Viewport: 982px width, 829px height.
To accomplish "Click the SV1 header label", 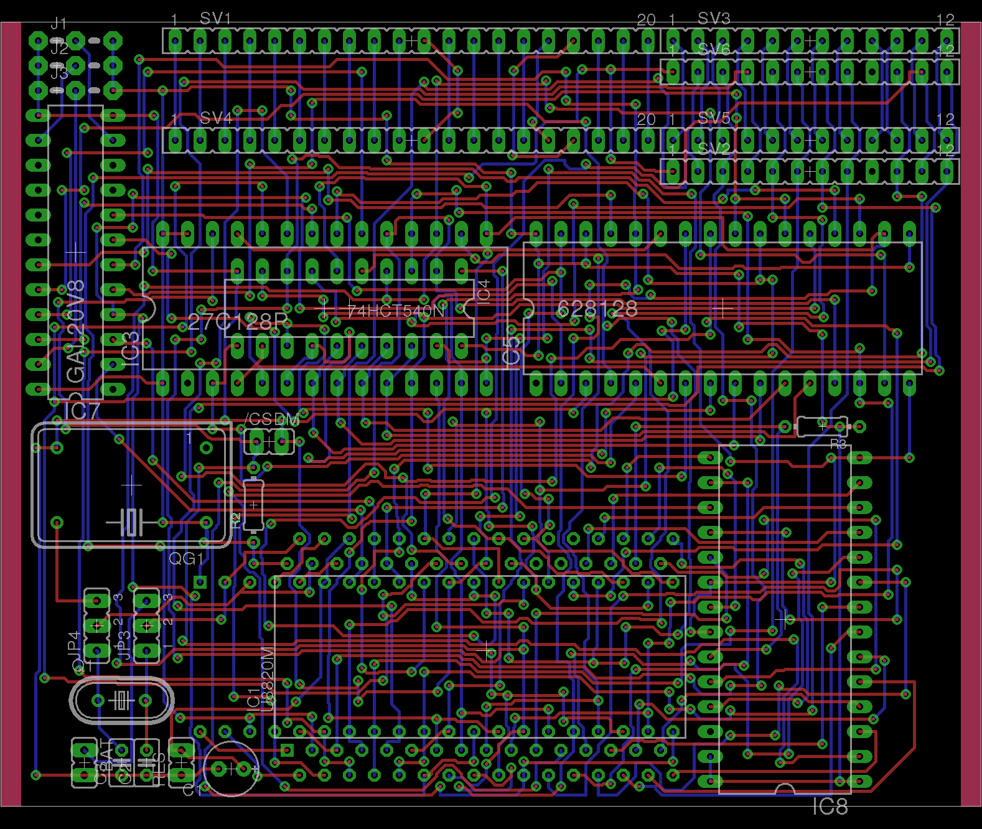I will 215,19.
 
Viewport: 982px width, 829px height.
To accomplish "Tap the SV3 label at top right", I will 713,19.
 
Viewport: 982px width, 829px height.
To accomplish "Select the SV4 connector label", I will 215,118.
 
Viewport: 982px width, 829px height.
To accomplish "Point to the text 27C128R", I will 238,322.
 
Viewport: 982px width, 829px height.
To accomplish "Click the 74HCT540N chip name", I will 396,310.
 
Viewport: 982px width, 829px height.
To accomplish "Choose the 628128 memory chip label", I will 597,309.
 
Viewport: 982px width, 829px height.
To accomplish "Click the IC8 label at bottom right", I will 830,807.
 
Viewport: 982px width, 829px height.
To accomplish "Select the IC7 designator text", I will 82,411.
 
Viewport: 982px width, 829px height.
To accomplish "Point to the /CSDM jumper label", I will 272,419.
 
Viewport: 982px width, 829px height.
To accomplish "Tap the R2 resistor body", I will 253,505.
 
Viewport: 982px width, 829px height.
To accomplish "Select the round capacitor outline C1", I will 230,769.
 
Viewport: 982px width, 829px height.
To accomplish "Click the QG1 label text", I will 187,559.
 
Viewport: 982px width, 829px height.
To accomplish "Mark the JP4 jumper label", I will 73,645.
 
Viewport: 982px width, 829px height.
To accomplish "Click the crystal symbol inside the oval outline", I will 121,701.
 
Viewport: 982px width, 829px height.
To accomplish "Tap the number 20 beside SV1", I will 646,20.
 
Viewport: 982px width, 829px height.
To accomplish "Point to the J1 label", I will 58,24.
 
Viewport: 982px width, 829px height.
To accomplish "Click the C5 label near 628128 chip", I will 512,350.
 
